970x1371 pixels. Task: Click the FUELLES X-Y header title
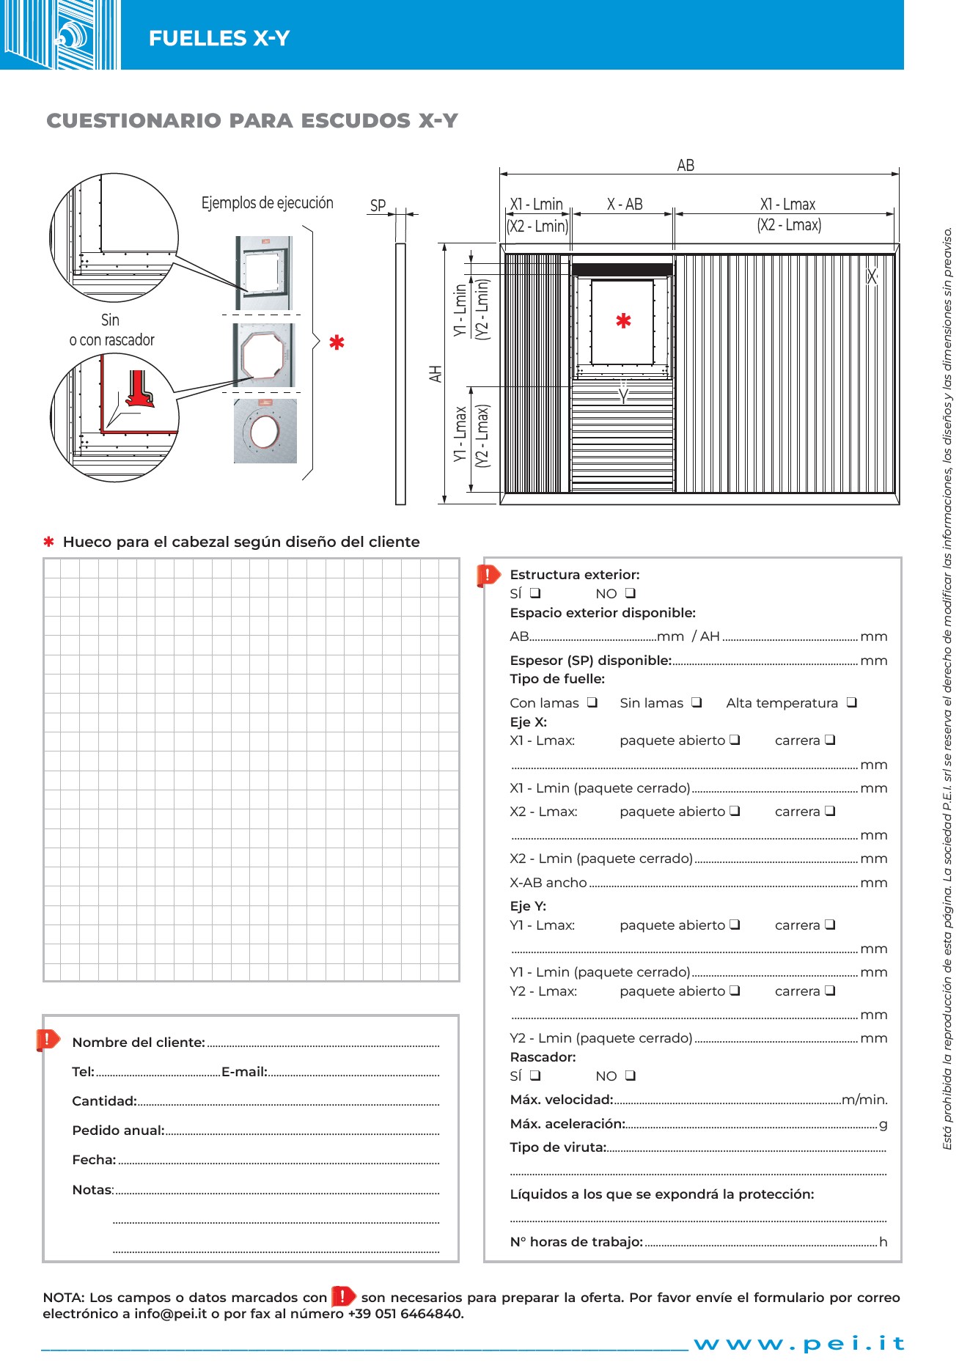click(219, 38)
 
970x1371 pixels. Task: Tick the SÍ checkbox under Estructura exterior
click(535, 593)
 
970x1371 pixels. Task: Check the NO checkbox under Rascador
click(630, 1076)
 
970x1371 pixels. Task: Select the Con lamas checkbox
click(592, 702)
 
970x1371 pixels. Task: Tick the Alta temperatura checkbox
click(851, 702)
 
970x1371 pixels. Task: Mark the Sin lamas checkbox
click(697, 702)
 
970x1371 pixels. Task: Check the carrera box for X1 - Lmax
click(830, 740)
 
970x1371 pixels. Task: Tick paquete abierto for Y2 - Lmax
click(735, 990)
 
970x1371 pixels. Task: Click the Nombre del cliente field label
click(138, 1042)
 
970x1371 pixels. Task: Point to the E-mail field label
click(244, 1071)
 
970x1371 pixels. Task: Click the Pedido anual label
click(118, 1130)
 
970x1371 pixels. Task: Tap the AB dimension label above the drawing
click(686, 166)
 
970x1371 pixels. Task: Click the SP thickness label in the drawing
click(378, 206)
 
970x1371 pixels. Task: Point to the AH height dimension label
click(436, 374)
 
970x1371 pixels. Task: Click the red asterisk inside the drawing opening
click(623, 321)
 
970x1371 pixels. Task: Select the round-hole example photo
click(265, 431)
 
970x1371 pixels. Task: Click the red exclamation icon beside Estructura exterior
click(488, 576)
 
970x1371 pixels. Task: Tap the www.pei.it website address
click(799, 1343)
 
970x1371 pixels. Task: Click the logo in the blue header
click(60, 34)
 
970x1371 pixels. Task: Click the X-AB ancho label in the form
click(548, 883)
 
